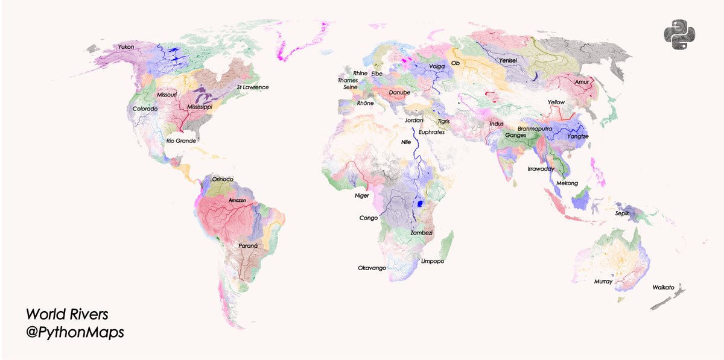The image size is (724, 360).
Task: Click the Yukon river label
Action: (126, 47)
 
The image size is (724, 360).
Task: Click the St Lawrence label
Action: (252, 87)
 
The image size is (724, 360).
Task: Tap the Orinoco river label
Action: (223, 179)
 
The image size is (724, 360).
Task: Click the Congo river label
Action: (369, 218)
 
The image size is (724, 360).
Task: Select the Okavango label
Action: (372, 268)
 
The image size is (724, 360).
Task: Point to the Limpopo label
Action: (432, 262)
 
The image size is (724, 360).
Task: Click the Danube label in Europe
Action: (399, 92)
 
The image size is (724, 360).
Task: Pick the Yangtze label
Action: (577, 137)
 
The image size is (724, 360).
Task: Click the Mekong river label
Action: (567, 183)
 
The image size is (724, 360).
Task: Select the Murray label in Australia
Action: (603, 282)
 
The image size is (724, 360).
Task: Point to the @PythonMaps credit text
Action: (75, 332)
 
